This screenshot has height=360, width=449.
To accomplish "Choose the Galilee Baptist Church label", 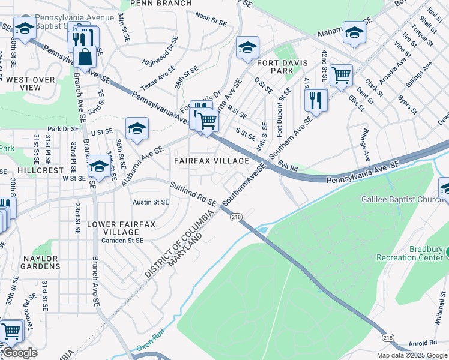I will coord(401,199).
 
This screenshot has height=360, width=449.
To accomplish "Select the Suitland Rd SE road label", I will coord(192,194).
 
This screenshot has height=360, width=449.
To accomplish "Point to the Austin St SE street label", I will coord(151,203).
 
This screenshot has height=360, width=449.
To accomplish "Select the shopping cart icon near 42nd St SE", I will coord(341,75).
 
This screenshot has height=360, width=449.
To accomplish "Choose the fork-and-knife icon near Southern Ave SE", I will coord(316,100).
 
